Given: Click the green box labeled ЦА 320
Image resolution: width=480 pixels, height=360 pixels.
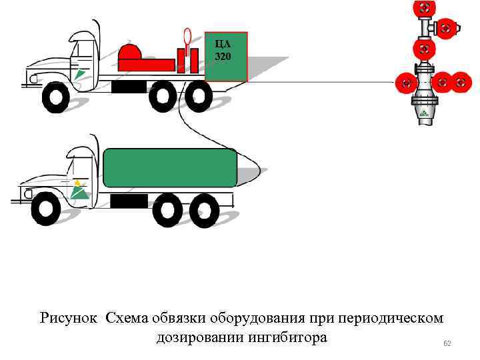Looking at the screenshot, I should click(226, 57).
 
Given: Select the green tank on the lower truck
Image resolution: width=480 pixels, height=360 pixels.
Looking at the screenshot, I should click(170, 167).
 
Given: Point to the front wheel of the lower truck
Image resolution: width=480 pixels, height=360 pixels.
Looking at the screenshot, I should click(45, 209).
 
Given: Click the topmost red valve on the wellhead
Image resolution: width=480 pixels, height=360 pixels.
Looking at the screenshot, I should click(424, 9).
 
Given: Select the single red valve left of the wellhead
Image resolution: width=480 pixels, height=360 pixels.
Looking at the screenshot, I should click(404, 83).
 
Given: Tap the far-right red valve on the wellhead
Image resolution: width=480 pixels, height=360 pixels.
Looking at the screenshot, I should click(461, 83).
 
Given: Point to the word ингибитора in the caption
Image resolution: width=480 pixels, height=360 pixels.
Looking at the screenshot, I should click(287, 337).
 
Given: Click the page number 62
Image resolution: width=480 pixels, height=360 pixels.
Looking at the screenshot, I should click(447, 343).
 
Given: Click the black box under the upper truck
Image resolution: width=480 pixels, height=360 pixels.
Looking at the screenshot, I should click(129, 87).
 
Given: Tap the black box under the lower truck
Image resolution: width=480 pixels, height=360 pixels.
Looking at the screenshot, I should click(129, 201).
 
